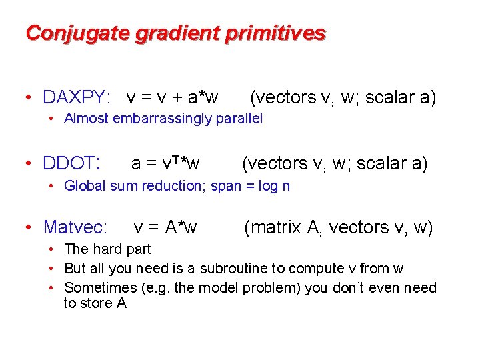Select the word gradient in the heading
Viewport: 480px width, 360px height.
click(167, 33)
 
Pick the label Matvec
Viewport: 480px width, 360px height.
click(75, 228)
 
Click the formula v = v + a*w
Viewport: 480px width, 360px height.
click(173, 98)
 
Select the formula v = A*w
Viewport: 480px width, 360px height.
click(165, 228)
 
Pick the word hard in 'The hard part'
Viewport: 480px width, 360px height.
click(104, 249)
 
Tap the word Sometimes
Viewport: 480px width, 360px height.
click(98, 288)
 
